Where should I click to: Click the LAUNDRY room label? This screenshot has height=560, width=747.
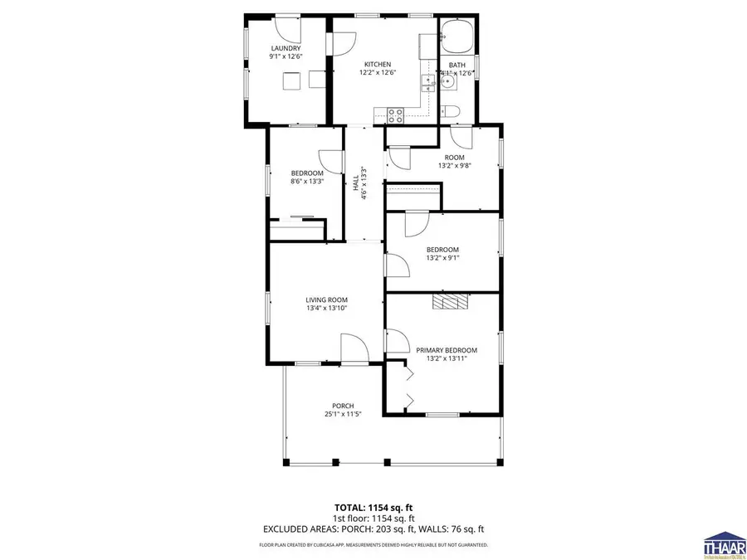tap(286, 49)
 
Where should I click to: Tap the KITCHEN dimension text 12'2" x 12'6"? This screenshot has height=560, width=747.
tap(377, 72)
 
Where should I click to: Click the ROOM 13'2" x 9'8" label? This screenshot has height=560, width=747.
tap(454, 161)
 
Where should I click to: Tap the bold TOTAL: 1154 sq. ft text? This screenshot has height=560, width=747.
tap(373, 507)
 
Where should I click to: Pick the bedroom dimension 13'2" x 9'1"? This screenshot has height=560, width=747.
tap(442, 257)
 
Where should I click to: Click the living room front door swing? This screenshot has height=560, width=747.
tap(353, 348)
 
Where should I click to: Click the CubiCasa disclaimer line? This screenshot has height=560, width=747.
tap(373, 545)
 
